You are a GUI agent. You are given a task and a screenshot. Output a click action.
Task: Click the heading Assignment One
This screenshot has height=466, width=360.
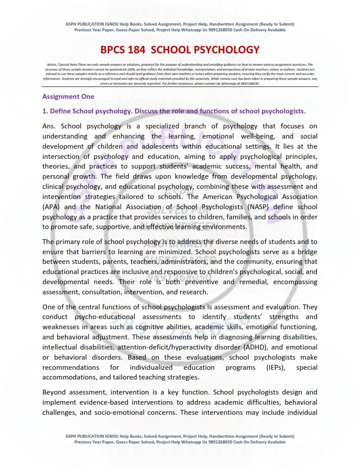coord(68,96)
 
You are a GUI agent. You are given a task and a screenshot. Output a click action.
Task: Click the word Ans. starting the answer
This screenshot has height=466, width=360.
coord(49,126)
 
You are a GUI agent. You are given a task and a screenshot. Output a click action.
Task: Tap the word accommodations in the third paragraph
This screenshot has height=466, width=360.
coord(69,377)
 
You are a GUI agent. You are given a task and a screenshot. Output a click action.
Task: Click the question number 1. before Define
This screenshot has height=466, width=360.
coord(45,111)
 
